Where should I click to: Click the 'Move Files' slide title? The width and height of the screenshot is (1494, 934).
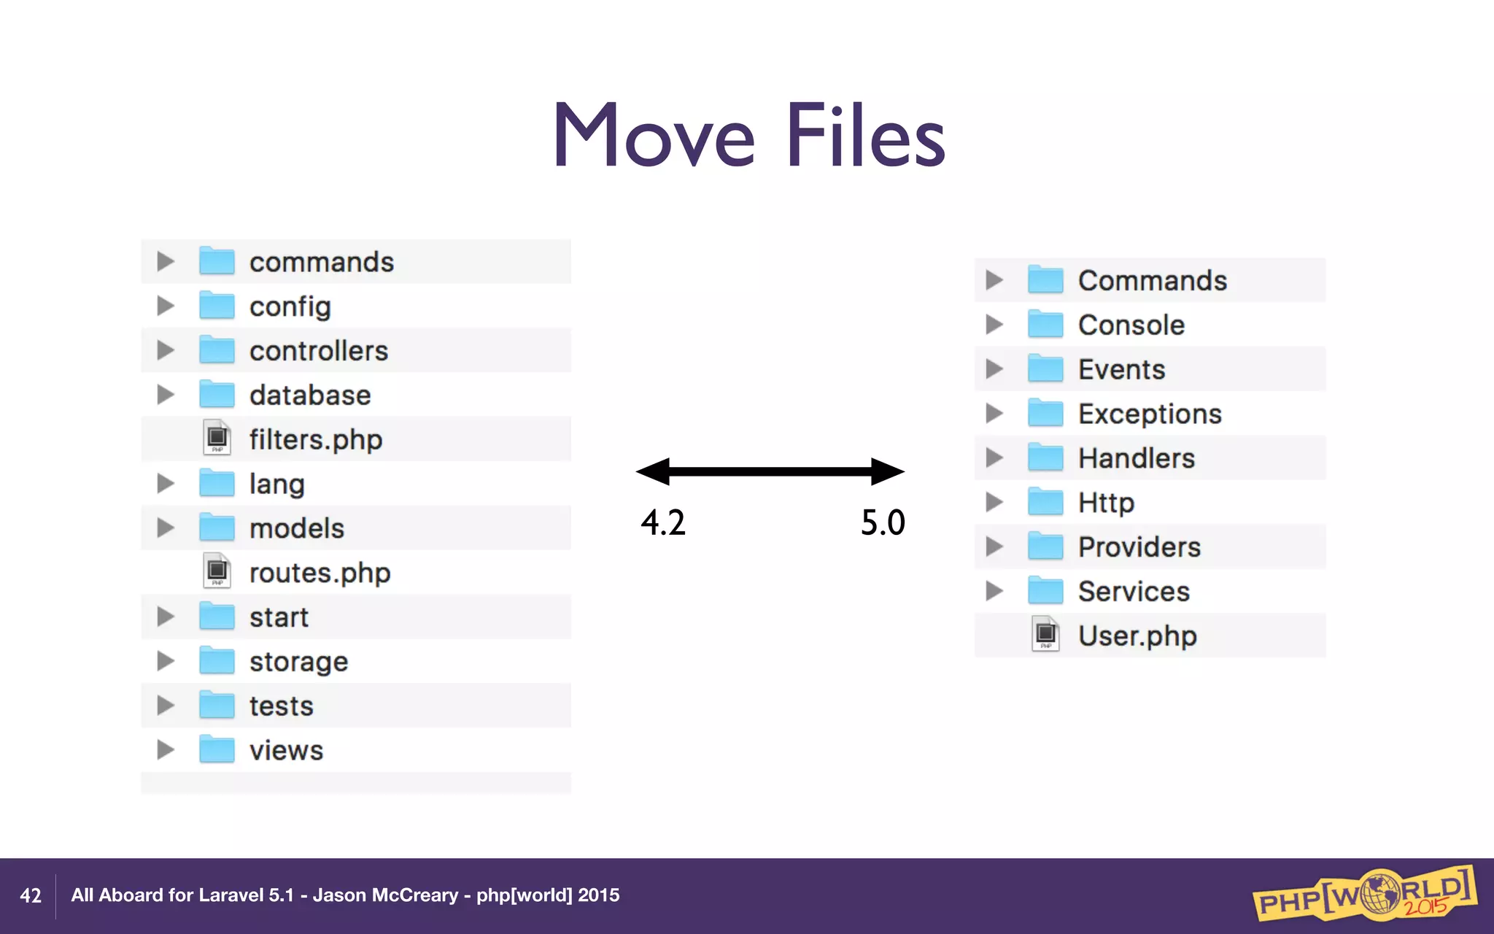(x=748, y=136)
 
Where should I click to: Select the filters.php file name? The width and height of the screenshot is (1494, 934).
(x=315, y=440)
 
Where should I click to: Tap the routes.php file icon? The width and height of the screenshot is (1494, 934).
(x=217, y=572)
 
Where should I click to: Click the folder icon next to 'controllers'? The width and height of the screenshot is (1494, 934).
(x=217, y=350)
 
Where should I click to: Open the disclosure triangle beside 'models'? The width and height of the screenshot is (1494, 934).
(x=166, y=528)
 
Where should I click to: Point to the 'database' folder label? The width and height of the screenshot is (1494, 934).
(x=310, y=395)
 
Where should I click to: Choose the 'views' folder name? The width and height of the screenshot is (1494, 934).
(x=286, y=750)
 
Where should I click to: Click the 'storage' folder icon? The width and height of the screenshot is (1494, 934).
(x=217, y=661)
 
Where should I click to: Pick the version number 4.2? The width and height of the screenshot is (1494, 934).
(x=663, y=522)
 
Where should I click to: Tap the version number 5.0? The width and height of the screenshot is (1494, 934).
(x=883, y=522)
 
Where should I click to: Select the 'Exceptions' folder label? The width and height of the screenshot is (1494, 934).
(x=1150, y=414)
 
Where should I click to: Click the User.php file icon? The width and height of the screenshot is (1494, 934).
(x=1045, y=635)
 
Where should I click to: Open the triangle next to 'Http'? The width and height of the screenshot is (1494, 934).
(x=994, y=502)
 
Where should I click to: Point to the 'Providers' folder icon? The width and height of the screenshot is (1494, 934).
(x=1045, y=547)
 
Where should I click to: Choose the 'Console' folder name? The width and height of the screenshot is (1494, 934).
(x=1131, y=325)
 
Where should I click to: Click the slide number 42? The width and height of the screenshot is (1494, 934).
(x=31, y=895)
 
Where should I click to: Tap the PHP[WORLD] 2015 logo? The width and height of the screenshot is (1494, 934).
(x=1364, y=893)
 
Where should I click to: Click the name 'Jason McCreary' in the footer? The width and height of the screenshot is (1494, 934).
(x=385, y=895)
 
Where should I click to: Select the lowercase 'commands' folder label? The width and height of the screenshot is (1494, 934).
(x=321, y=263)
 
